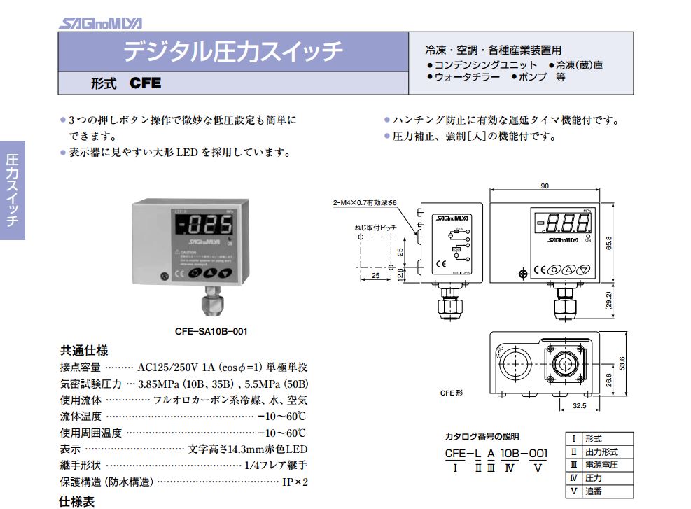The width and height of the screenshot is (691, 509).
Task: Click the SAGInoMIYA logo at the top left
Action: pos(100,23)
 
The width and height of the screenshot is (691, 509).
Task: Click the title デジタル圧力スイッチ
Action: pos(233,52)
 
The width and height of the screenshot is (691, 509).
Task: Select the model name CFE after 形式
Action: pos(146,83)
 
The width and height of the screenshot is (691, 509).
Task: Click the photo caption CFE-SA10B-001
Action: pos(211,331)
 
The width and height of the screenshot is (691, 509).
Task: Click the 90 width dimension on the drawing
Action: pos(545,186)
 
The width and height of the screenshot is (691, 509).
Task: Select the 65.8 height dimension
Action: pos(608,242)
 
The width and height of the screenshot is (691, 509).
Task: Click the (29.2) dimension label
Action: pos(608,300)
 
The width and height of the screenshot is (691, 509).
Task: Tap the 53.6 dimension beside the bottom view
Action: pos(620,363)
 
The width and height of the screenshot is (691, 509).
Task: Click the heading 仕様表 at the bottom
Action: pos(74,501)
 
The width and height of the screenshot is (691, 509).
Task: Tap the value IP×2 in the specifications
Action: pos(295,482)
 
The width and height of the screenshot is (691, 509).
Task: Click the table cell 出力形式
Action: pos(601,452)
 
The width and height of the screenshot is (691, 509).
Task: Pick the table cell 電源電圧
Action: pos(601,465)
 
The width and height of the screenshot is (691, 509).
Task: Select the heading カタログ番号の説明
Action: pos(482,435)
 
